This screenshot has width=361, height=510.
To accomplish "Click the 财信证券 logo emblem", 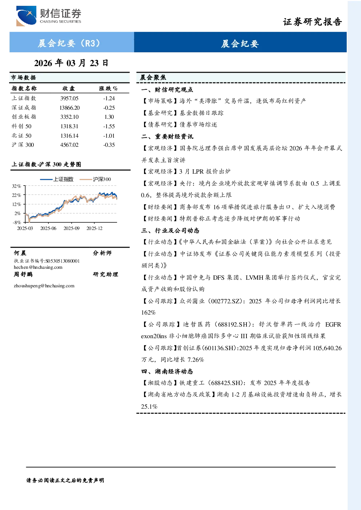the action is coord(26,16).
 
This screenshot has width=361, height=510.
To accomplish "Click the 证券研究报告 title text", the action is coord(312,22).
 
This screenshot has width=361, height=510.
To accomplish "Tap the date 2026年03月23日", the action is coord(71,63).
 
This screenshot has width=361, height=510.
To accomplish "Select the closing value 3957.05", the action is coord(69,98).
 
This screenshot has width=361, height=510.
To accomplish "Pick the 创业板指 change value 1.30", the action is coord(109,117).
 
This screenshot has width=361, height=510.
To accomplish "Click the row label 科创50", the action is coord(22,126).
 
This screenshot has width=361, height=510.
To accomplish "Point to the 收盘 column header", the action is coord(69,88).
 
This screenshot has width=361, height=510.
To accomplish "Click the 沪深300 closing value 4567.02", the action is coord(69,145).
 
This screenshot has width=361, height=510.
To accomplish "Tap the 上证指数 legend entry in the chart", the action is coord(57,179).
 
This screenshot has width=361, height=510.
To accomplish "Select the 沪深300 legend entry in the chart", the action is coord(95,179).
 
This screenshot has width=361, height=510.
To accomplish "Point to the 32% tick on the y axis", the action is coord(16,186).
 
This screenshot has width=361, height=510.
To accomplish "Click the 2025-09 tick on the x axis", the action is coord(71,228).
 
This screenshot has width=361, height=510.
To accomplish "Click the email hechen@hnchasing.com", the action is coord(38,267).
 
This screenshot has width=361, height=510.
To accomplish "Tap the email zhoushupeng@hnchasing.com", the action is coord(44,286).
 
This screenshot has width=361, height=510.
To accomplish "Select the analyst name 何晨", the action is coord(20,253).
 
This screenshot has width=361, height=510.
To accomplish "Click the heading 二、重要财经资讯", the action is coord(167,136).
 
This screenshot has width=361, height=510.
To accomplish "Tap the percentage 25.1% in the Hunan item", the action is coord(149,406).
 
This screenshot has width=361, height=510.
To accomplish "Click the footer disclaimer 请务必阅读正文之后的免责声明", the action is coord(65,481).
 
